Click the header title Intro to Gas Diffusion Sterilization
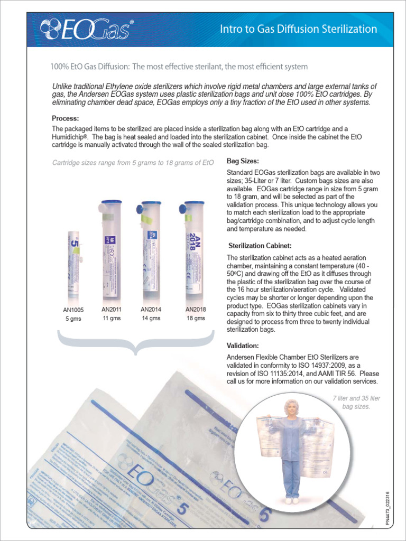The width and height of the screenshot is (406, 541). (298, 29)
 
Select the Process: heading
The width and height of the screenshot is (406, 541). (66, 118)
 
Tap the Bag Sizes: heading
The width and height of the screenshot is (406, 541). (243, 161)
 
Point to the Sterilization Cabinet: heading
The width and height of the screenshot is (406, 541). (260, 246)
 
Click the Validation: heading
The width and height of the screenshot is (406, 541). (243, 346)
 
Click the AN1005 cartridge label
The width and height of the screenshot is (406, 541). (73, 310)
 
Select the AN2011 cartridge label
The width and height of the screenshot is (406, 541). (112, 309)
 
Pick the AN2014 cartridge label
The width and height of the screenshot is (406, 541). (151, 309)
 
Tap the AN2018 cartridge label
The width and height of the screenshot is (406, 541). (196, 309)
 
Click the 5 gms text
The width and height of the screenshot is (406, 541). (73, 319)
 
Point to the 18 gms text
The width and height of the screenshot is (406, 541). (196, 318)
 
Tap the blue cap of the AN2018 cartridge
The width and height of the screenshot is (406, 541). (193, 203)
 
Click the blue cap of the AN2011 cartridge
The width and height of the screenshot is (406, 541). (111, 202)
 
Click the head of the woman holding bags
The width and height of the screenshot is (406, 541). (291, 407)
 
